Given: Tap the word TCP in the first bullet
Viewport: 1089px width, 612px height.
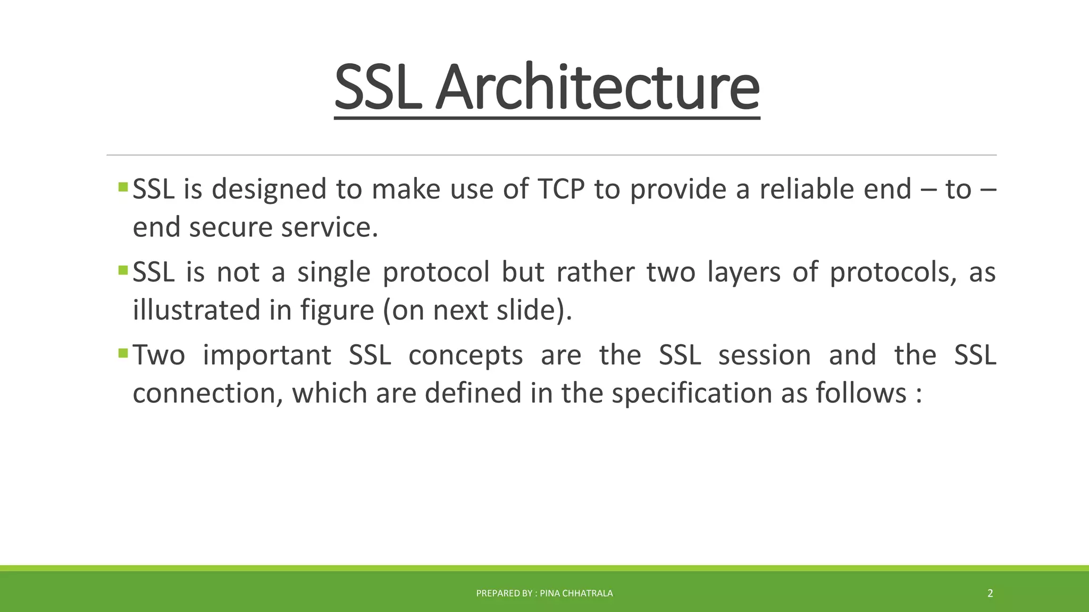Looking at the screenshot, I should point(561,189).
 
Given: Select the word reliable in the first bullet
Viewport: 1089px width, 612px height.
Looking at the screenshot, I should point(806,189).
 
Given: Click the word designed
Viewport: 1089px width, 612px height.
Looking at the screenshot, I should point(269,189).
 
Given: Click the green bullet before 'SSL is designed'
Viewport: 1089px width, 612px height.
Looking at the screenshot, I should point(123,187).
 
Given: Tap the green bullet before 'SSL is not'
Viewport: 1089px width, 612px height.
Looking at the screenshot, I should point(123,270).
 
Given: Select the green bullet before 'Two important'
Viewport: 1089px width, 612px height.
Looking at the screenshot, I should point(123,353).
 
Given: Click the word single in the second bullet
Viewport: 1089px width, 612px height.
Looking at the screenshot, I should point(333,273).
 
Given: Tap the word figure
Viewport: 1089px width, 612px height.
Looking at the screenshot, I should point(337,310).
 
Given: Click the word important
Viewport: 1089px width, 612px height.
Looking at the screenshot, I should point(267,355).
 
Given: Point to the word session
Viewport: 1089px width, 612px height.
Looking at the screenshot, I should point(764,355).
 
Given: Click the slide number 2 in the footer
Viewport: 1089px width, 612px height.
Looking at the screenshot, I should point(990,593).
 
